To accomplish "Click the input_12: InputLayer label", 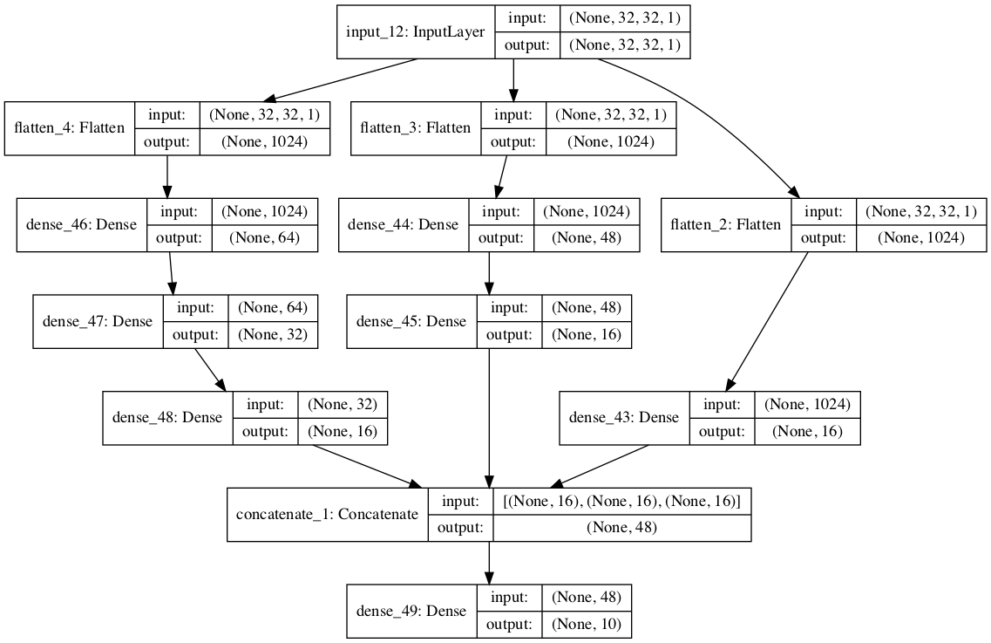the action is [415, 32].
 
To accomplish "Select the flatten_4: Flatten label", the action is [70, 128].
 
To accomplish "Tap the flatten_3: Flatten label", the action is [415, 128].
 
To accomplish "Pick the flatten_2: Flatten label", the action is [725, 225].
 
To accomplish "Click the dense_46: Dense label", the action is [82, 225].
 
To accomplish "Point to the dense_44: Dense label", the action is [404, 225].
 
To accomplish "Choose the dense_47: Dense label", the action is [98, 321].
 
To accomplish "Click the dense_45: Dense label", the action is [411, 321].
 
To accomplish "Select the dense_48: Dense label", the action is [167, 418].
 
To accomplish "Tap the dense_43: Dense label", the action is [624, 418].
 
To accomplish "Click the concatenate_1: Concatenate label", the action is [328, 515].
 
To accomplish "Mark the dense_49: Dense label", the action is [411, 612].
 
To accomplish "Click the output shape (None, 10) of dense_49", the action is [587, 625].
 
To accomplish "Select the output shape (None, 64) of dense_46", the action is [264, 238].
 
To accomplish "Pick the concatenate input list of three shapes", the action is [622, 502].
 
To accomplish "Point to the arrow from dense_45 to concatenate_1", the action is [489, 418].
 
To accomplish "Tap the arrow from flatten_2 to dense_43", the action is [766, 322].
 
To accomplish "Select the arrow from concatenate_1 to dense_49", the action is [489, 563].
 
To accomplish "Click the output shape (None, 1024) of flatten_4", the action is [264, 141].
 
